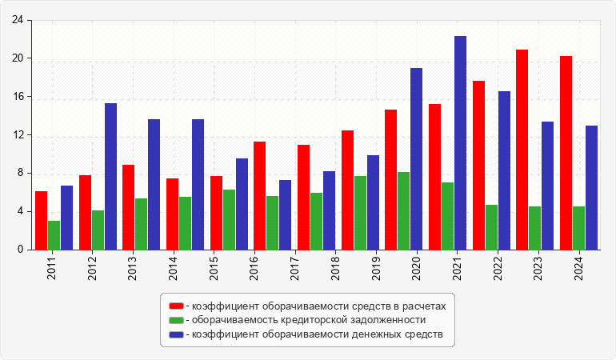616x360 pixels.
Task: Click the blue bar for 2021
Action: pos(460,142)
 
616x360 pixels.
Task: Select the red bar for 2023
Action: pos(522,150)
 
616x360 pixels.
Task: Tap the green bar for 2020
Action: pos(403,210)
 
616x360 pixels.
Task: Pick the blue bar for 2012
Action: pos(110,176)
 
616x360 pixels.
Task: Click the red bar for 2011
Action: pos(41,220)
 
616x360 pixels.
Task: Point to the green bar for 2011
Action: pos(54,235)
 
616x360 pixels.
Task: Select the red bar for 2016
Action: pos(259,195)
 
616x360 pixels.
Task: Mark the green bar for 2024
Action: pos(578,228)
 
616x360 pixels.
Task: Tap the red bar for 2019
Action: pos(390,179)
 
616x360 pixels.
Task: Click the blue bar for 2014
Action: pos(198,184)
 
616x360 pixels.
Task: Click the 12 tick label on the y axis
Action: pos(18,135)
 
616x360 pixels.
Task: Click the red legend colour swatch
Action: pos(175,306)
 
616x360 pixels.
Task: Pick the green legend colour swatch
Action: pos(175,320)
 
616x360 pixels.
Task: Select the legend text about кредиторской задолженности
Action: pos(309,320)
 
